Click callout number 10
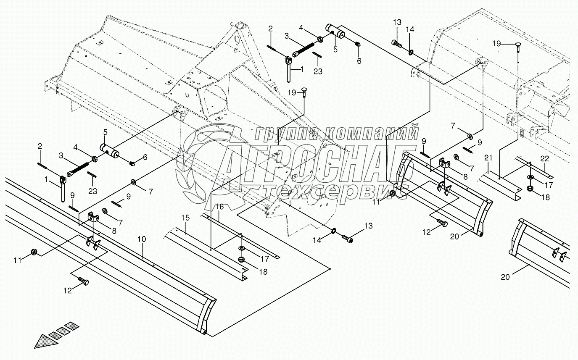tap(142, 239)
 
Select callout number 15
tap(185, 218)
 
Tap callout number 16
tap(220, 207)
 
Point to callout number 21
tap(488, 158)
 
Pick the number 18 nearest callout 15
tap(263, 271)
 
